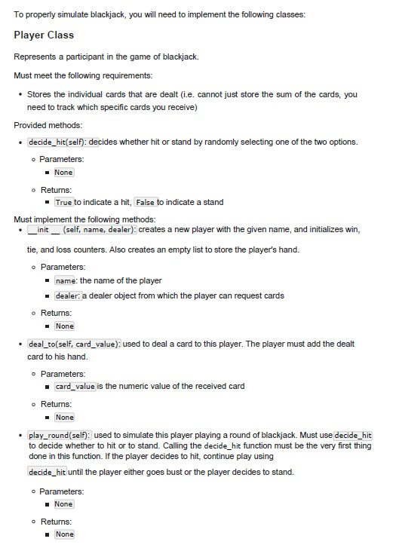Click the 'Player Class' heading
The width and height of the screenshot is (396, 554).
coord(44,35)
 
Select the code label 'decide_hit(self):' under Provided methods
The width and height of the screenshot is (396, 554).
coord(57,142)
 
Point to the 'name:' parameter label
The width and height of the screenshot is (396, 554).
coord(66,281)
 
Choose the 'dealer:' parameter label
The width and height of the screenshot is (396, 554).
coord(68,295)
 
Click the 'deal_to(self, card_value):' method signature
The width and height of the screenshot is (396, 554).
coord(73,344)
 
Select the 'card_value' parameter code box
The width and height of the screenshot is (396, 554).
coord(75,387)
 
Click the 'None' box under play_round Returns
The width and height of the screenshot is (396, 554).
coord(64,534)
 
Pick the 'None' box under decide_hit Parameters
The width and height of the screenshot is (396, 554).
coord(64,173)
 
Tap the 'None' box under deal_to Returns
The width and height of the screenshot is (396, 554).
coord(64,417)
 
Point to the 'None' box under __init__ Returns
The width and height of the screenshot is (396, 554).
coord(64,326)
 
